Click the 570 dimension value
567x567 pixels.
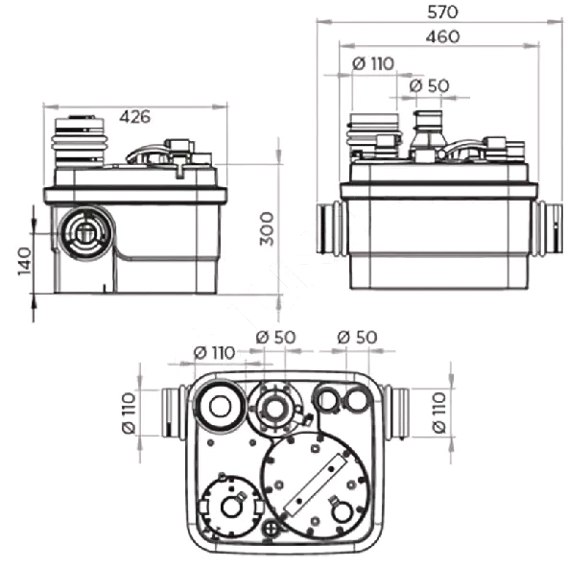[442, 12]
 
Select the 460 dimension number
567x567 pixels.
[442, 36]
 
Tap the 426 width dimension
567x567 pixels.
[134, 116]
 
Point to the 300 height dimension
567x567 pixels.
[268, 228]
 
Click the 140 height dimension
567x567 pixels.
[25, 261]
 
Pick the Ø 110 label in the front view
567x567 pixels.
[373, 63]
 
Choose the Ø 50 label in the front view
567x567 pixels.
[429, 85]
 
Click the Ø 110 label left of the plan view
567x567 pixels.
[129, 413]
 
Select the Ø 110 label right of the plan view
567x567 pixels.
[439, 412]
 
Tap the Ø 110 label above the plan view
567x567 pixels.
[215, 352]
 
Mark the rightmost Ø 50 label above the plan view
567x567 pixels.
[357, 338]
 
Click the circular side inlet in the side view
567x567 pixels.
[86, 233]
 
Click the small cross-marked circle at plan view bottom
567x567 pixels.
[271, 529]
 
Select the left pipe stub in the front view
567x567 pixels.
[330, 227]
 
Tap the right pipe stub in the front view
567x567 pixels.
[549, 228]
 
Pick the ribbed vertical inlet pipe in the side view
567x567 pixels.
[80, 142]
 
